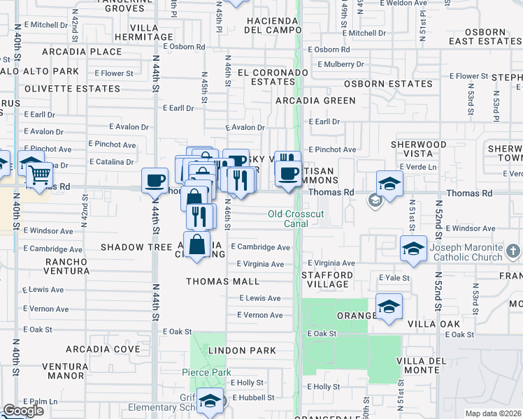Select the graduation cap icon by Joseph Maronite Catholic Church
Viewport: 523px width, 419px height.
point(413,248)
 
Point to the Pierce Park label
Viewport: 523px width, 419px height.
point(206,373)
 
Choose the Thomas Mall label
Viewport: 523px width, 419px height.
point(222,281)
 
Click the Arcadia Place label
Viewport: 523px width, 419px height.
point(82,52)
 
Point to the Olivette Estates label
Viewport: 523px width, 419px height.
point(72,89)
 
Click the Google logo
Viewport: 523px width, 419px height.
point(23,411)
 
